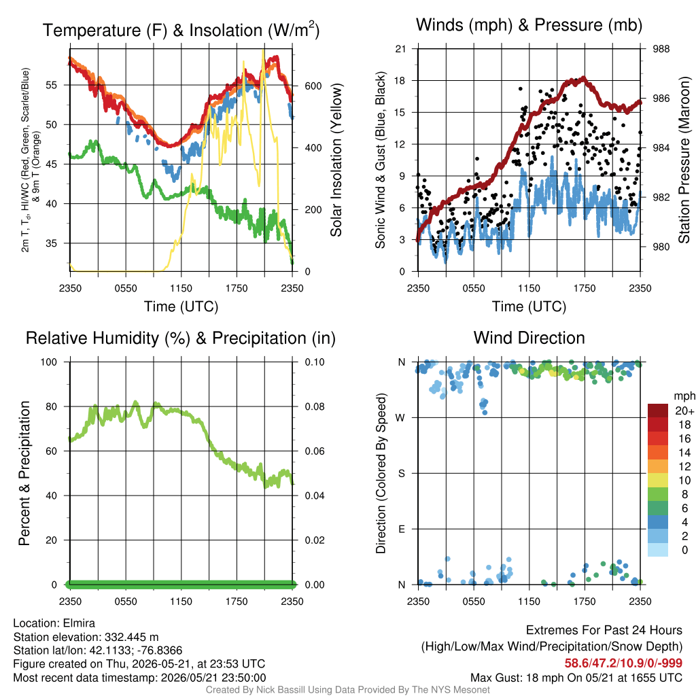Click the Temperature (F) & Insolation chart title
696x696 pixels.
point(181,30)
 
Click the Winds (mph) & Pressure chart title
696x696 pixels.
point(529,25)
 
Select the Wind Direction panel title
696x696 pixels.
point(529,338)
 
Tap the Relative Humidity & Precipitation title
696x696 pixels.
point(181,338)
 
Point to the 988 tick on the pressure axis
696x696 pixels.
point(661,49)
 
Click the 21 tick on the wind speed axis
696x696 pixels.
point(400,49)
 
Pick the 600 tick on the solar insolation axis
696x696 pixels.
point(313,86)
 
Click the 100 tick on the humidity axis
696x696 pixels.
point(49,362)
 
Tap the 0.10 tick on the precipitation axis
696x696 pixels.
point(315,362)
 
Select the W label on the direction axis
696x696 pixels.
point(400,418)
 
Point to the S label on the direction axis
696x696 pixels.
point(401,474)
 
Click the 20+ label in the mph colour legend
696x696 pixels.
point(684,411)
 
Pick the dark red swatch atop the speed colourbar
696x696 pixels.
point(658,411)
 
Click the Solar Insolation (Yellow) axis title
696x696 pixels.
point(336,160)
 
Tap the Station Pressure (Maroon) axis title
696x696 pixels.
point(684,160)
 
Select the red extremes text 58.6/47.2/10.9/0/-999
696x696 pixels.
point(623,663)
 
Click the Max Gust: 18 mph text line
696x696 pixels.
point(576,678)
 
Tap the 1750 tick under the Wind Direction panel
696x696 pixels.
point(585,602)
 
